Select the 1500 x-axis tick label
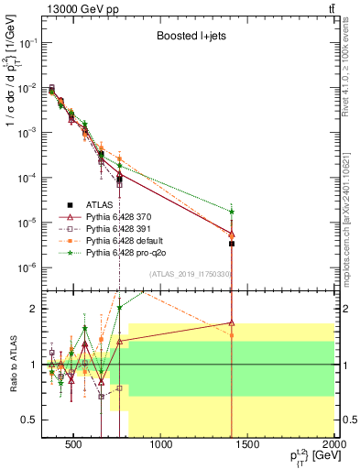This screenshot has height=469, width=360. click(248, 447)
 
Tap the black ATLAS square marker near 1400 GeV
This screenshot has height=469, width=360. click(232, 244)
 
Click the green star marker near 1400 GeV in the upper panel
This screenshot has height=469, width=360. click(232, 212)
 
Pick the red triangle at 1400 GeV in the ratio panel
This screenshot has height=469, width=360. click(232, 322)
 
